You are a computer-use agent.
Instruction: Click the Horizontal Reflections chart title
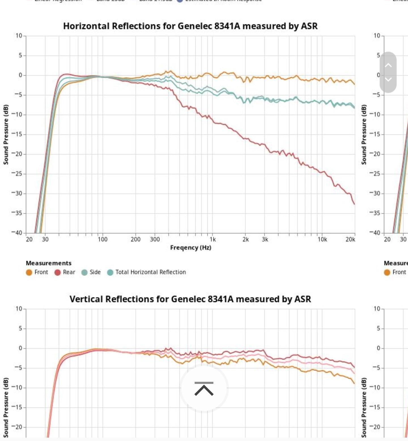(x=190, y=26)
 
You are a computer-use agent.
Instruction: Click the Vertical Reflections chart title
(x=190, y=299)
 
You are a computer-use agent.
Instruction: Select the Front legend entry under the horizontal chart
(x=37, y=272)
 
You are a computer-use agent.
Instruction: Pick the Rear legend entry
(x=65, y=272)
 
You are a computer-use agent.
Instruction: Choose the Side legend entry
(x=91, y=272)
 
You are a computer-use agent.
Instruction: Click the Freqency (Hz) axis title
(x=190, y=248)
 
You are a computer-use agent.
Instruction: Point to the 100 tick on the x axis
(x=103, y=239)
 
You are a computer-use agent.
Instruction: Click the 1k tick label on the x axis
(x=212, y=239)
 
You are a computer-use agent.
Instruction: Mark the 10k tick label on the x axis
(x=322, y=239)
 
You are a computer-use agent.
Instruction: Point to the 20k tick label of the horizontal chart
(x=350, y=239)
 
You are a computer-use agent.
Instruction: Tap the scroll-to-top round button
(x=204, y=388)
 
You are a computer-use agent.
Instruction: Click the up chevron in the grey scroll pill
(x=388, y=65)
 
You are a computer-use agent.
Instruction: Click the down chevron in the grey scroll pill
(x=388, y=79)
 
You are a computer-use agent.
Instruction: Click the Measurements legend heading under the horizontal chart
(x=48, y=263)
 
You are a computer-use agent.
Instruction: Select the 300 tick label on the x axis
(x=155, y=239)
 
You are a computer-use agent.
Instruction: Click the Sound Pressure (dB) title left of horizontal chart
(x=6, y=134)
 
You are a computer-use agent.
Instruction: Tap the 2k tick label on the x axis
(x=245, y=239)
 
